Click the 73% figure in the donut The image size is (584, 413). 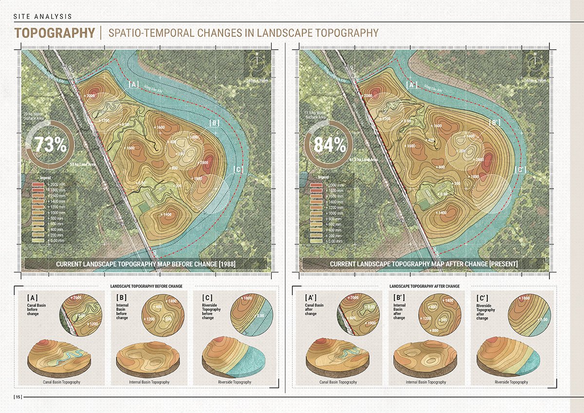(x=47, y=144)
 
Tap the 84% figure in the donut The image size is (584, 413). (x=330, y=144)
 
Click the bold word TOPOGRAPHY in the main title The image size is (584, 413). (x=55, y=33)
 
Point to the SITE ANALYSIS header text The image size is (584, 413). (x=43, y=16)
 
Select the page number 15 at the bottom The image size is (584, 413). (x=18, y=397)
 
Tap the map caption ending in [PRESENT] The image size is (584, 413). (x=423, y=264)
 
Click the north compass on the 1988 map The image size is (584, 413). (x=256, y=60)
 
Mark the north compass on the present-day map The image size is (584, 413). (x=534, y=60)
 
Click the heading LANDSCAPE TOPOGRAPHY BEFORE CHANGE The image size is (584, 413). (x=146, y=286)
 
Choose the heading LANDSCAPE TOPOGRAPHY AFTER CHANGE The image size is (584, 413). (x=424, y=286)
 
